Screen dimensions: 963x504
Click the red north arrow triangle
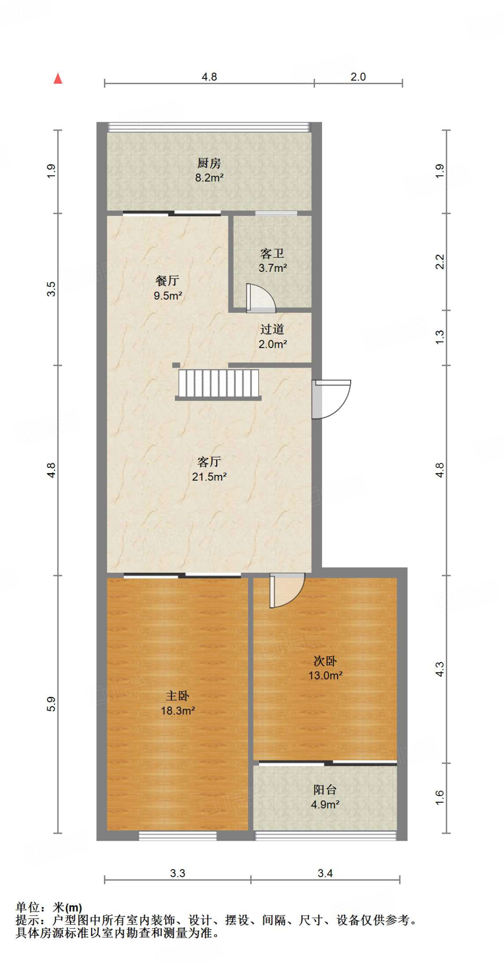click(58, 79)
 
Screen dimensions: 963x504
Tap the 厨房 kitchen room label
click(209, 163)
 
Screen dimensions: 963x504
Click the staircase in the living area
click(219, 384)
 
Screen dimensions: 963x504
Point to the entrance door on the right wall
click(331, 399)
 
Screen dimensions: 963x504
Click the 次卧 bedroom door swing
click(286, 590)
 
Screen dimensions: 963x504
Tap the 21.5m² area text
click(209, 477)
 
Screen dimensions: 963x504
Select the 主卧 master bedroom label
click(178, 696)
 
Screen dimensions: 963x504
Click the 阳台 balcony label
click(325, 790)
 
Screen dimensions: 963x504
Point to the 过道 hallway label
click(272, 330)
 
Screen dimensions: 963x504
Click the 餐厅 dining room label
click(167, 281)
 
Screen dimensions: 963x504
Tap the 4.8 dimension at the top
click(209, 77)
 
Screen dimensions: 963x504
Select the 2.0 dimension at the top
click(358, 77)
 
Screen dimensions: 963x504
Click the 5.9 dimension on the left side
click(51, 704)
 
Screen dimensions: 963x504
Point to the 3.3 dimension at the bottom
click(178, 873)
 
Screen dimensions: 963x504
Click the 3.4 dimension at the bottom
click(325, 873)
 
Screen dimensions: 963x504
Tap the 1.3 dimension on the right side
click(439, 337)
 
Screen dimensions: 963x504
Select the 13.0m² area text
click(325, 676)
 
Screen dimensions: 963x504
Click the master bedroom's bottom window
click(178, 836)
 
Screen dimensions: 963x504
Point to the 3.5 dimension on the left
click(51, 289)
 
